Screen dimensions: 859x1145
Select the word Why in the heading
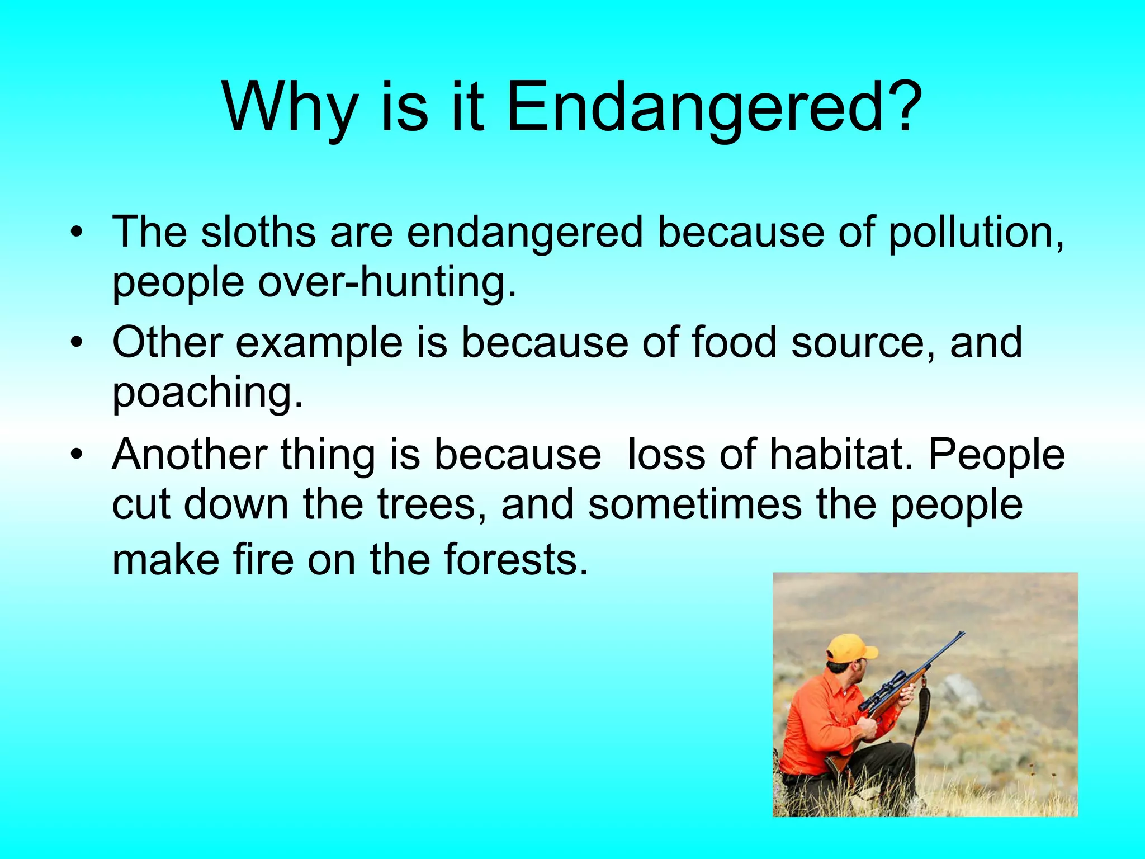(x=289, y=107)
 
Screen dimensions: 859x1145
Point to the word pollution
(x=975, y=233)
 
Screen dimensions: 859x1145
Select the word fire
(x=263, y=560)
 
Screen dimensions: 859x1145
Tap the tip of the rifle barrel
(x=962, y=634)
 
